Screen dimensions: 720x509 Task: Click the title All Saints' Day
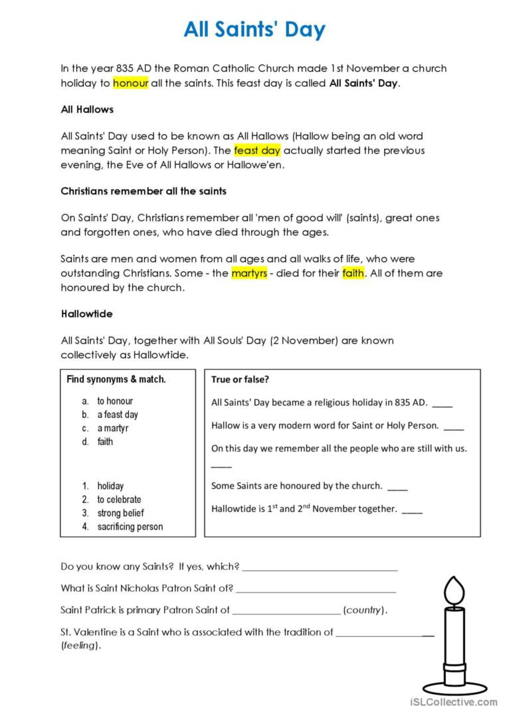click(255, 29)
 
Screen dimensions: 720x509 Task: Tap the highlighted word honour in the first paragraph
click(130, 83)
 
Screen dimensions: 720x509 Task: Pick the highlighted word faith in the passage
click(353, 273)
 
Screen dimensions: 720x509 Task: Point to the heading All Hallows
click(87, 109)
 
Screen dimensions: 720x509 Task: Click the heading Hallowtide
click(86, 314)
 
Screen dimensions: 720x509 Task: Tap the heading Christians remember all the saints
click(144, 191)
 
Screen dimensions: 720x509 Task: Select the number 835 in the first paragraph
click(125, 68)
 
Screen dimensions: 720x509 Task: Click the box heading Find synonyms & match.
click(116, 379)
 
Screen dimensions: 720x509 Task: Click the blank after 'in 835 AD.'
click(442, 405)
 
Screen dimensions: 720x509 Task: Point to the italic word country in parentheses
click(363, 610)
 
